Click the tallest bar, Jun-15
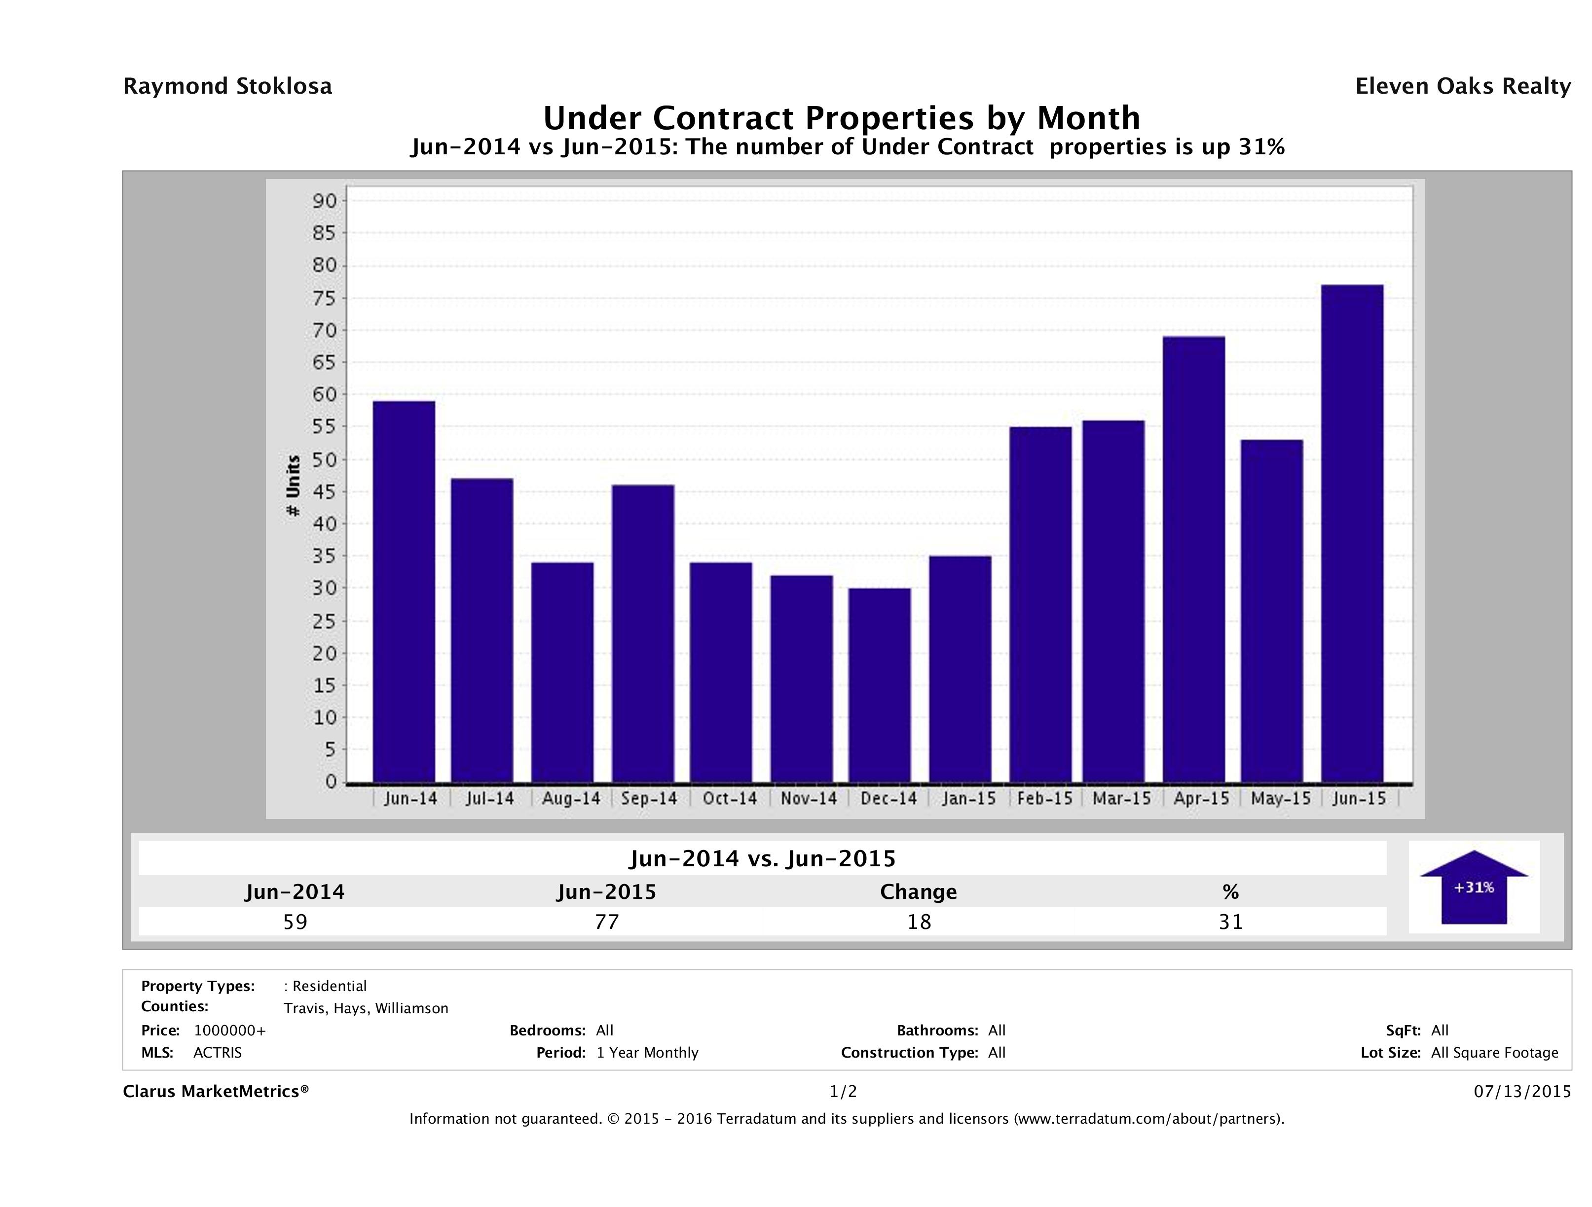pyautogui.click(x=1352, y=533)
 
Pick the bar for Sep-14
pyautogui.click(x=643, y=633)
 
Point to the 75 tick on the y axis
pyautogui.click(x=325, y=298)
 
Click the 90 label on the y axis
pyautogui.click(x=325, y=201)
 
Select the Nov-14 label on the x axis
pyautogui.click(x=809, y=798)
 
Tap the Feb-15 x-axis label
pyautogui.click(x=1044, y=798)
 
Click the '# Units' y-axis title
pyautogui.click(x=293, y=486)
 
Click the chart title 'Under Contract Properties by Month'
pyautogui.click(x=841, y=117)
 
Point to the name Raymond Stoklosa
pyautogui.click(x=227, y=86)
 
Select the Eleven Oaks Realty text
pyautogui.click(x=1462, y=86)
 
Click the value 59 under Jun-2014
pyautogui.click(x=295, y=922)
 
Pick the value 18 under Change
pyautogui.click(x=919, y=922)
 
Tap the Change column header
pyautogui.click(x=919, y=892)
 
